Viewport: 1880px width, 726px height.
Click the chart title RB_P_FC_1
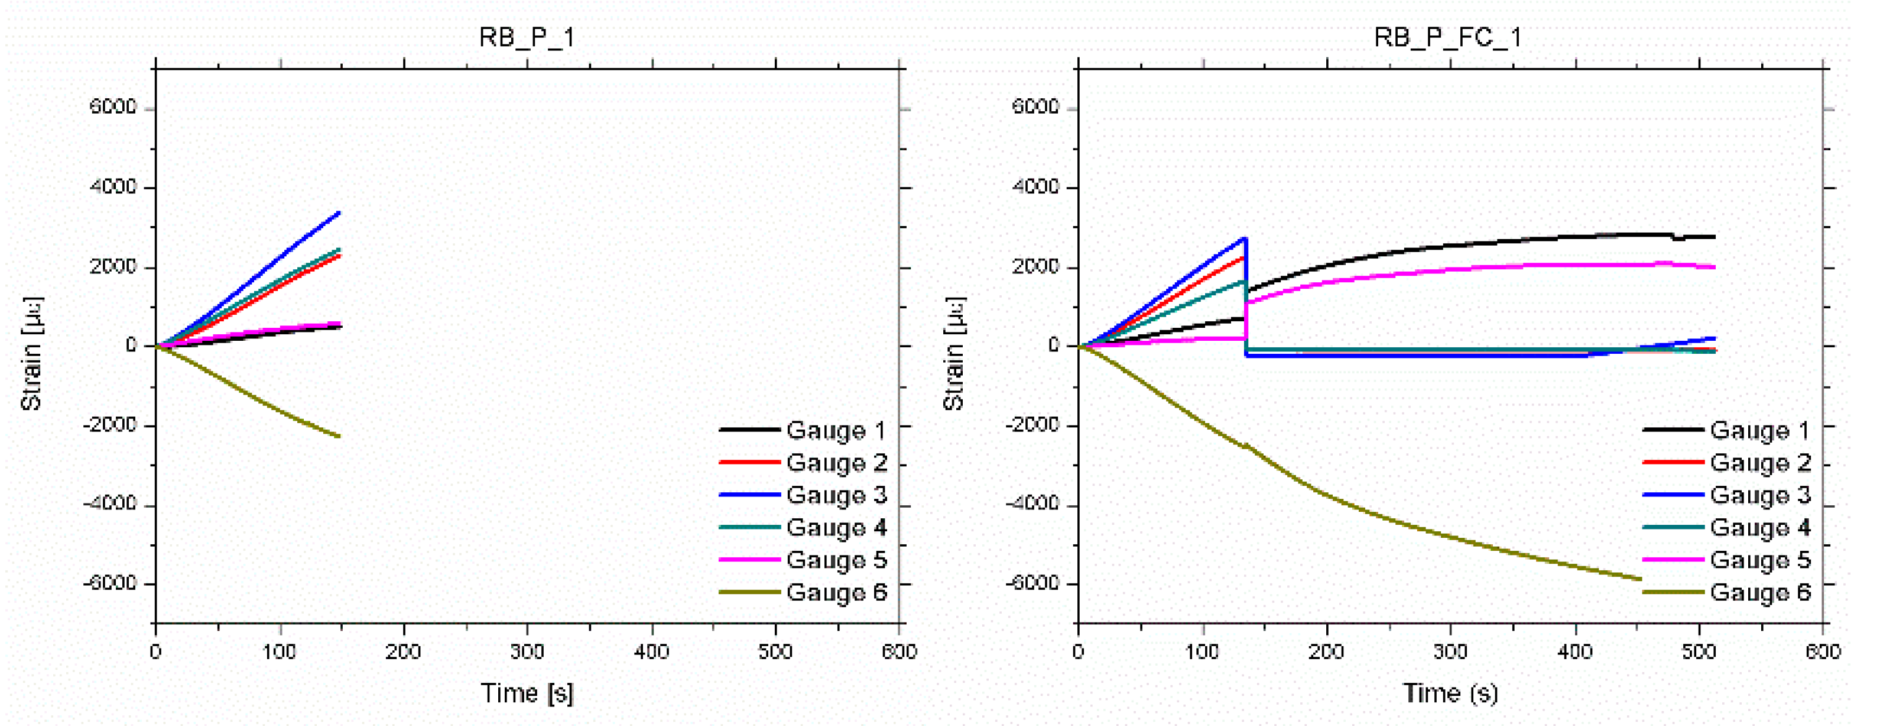click(x=1448, y=37)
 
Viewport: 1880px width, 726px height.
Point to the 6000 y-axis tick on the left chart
click(x=113, y=107)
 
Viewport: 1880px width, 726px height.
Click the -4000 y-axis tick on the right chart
click(x=1034, y=504)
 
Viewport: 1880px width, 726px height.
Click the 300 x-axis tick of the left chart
click(x=527, y=651)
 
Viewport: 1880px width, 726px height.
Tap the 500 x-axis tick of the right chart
click(x=1699, y=651)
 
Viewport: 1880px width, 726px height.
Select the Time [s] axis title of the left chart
click(x=527, y=692)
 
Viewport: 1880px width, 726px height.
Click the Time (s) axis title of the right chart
click(x=1450, y=692)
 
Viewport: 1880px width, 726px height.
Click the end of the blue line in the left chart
click(x=339, y=212)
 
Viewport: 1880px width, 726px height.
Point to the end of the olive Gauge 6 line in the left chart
click(x=339, y=437)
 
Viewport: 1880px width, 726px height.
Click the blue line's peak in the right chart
click(x=1245, y=238)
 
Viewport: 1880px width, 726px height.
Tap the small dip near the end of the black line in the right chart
click(x=1678, y=238)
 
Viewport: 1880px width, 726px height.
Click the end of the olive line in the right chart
click(x=1641, y=579)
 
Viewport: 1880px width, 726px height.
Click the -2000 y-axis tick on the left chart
click(x=111, y=425)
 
